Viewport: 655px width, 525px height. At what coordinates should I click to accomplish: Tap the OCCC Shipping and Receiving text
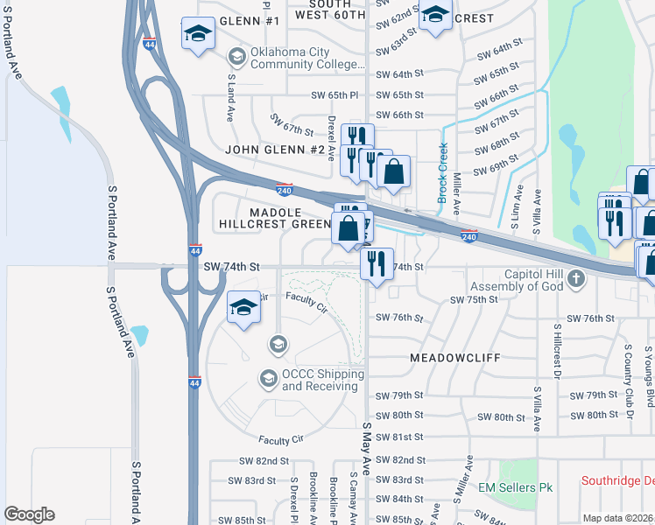pos(322,380)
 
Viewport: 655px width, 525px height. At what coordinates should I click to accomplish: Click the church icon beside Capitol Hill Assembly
pos(575,280)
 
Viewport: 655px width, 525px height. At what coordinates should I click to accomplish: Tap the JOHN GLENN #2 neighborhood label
pos(275,150)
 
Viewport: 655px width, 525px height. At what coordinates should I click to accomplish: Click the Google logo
pos(29,514)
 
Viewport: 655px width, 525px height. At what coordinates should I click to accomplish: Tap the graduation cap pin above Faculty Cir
pos(244,307)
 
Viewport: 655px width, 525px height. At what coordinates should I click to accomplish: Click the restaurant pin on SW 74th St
pos(377,262)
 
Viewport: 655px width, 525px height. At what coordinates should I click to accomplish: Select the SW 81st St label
pos(399,437)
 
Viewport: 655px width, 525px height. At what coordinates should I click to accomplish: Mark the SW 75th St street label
pos(474,300)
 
